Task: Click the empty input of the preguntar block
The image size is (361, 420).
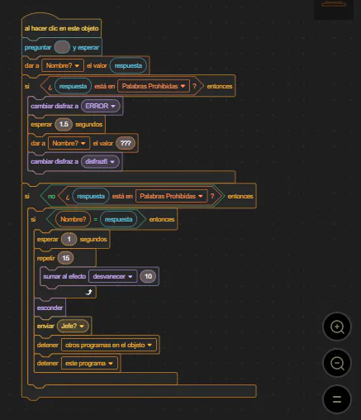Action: coord(62,47)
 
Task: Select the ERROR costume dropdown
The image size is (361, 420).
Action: coord(101,106)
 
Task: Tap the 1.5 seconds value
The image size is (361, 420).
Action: coord(64,124)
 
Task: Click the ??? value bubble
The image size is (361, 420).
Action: coord(126,143)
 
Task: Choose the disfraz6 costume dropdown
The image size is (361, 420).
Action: coord(100,161)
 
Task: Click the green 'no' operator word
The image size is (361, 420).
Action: coord(51,196)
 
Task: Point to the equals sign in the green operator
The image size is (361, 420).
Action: coord(95,220)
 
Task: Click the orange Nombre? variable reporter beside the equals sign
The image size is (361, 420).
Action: coord(74,219)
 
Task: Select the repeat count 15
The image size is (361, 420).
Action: coord(65,258)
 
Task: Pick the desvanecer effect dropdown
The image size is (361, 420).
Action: coord(112,276)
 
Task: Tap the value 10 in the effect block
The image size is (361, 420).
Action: coord(148,276)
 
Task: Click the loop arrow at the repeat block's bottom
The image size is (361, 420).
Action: coord(88,292)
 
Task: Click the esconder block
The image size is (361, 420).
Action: coord(50,308)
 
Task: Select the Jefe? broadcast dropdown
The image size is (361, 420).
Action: coord(73,326)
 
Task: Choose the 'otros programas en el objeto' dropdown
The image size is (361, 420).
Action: coord(109,345)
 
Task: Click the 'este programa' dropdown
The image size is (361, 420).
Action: coord(89,364)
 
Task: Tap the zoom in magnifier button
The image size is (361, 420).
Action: coord(337,327)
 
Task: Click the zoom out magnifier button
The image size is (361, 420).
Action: coord(337,363)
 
